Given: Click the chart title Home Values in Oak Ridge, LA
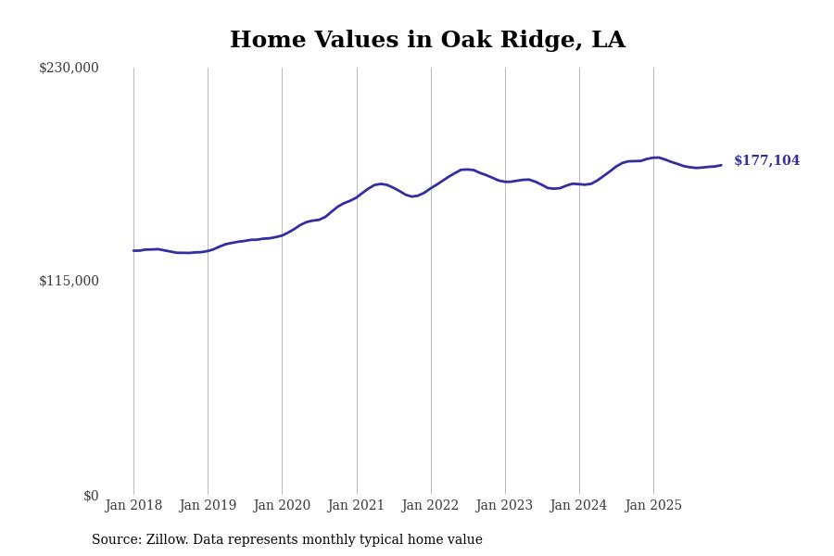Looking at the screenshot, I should (x=427, y=41).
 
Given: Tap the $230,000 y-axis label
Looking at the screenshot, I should (x=69, y=68).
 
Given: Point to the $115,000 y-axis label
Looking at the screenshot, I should (x=69, y=281).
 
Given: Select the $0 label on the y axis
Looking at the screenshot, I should (x=91, y=496).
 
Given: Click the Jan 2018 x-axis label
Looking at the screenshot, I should (x=133, y=506).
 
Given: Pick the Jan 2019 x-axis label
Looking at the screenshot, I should (x=208, y=506).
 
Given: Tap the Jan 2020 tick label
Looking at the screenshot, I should (x=282, y=506).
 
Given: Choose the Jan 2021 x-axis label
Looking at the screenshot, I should (x=356, y=506).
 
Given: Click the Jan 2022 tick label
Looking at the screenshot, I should (x=430, y=506).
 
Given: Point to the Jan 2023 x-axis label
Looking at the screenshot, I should (x=504, y=506).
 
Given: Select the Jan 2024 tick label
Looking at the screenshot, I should (x=578, y=506).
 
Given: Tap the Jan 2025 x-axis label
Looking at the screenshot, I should (x=653, y=506).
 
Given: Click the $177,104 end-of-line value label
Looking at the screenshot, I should (x=766, y=161).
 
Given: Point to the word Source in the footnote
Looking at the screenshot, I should (x=115, y=540).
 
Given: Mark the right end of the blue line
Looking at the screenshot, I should (x=721, y=165).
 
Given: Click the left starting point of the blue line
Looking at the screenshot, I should (x=133, y=250).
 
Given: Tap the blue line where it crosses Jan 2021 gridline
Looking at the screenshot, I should (x=357, y=196).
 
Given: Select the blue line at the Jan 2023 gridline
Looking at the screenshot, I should (x=505, y=182).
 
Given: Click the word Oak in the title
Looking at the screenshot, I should (x=461, y=41).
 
